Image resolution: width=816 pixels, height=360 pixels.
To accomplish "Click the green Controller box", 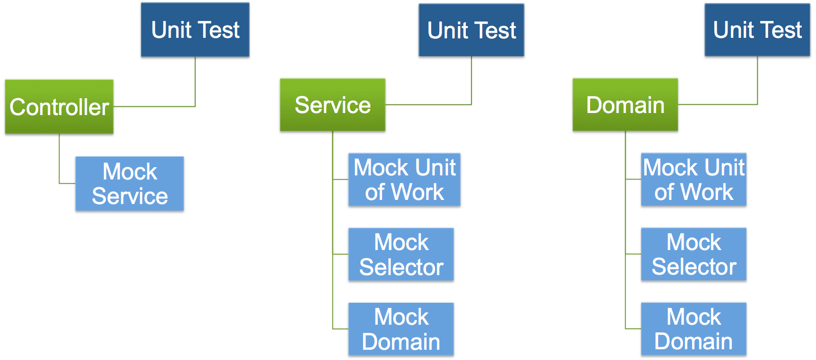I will point(59,107).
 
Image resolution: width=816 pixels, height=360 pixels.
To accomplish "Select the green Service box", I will point(332,105).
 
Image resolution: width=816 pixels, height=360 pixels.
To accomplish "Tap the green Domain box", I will point(625,105).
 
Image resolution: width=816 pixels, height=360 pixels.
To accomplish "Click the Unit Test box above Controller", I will point(195,30).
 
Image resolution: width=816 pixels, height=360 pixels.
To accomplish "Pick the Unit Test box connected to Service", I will point(471,30).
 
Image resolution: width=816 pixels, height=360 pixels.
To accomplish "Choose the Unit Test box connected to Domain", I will point(757,30).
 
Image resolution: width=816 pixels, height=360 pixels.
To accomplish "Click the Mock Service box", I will point(129,184).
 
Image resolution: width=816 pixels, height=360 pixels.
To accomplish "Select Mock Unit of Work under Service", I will point(404,179).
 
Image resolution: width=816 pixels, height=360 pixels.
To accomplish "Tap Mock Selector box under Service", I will point(401,254).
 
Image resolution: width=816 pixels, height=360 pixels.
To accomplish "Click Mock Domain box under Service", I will point(401,329).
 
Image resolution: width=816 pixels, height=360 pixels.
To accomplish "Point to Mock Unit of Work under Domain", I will point(693,179).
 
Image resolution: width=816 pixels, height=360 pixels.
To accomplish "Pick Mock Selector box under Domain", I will point(693,254).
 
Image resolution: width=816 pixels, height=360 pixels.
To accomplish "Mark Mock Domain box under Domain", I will point(693,329).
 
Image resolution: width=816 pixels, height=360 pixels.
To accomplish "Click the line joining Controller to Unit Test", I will point(195,82).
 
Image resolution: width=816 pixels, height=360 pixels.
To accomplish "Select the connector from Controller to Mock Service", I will point(59,159).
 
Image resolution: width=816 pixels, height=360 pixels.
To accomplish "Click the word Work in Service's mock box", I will point(418,192).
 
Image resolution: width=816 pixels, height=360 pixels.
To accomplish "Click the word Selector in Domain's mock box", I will point(694,267).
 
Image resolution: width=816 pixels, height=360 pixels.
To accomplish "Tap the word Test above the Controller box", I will point(220,30).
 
